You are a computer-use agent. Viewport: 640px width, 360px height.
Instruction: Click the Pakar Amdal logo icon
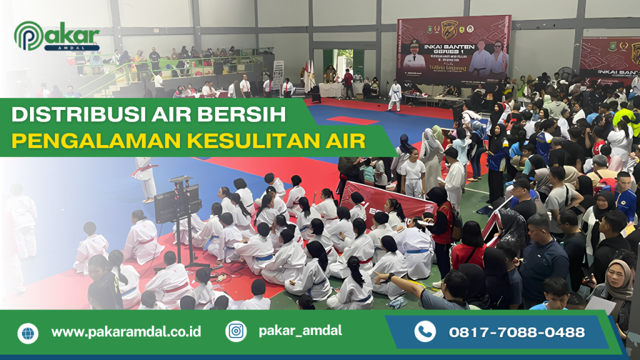tap(29, 36)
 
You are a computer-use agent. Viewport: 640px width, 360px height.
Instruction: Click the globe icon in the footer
tap(27, 332)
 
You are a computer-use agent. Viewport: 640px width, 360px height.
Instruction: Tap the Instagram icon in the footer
tap(236, 331)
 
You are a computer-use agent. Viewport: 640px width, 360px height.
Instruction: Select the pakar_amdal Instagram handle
tap(300, 331)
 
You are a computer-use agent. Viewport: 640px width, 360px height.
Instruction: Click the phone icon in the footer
tap(425, 331)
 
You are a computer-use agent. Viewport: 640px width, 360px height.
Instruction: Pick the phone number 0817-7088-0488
tap(517, 332)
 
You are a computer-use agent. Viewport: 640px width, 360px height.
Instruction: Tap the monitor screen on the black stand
tap(177, 203)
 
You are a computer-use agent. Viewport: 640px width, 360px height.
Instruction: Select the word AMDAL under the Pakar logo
tap(76, 48)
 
